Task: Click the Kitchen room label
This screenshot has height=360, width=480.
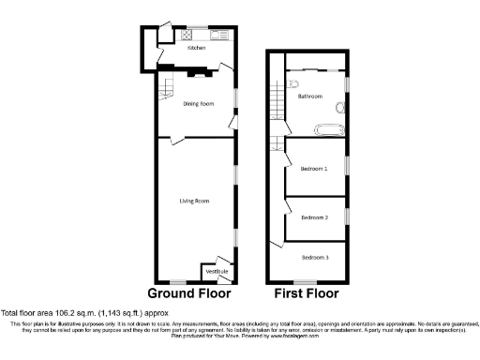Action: (x=196, y=47)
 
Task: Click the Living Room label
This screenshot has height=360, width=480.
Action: (x=194, y=201)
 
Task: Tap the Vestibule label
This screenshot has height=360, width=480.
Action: (x=217, y=272)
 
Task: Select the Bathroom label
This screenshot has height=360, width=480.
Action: (x=310, y=97)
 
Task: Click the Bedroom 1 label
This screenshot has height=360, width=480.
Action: (x=313, y=169)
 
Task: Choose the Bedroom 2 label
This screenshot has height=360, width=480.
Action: (x=314, y=217)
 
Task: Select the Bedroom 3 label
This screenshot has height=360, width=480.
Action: (x=314, y=256)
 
